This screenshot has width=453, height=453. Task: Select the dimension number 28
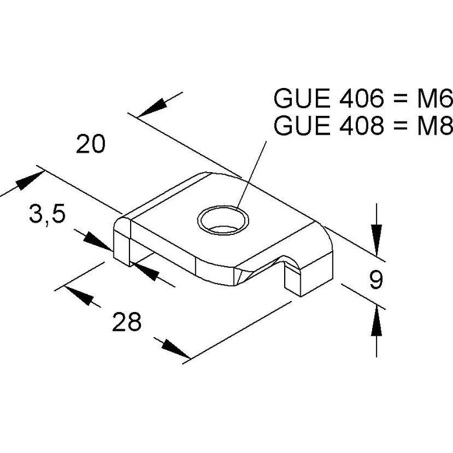click(x=126, y=321)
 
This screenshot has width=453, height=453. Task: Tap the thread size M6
click(x=434, y=99)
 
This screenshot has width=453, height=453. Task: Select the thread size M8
click(x=434, y=125)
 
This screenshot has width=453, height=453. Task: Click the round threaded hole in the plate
click(x=224, y=221)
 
